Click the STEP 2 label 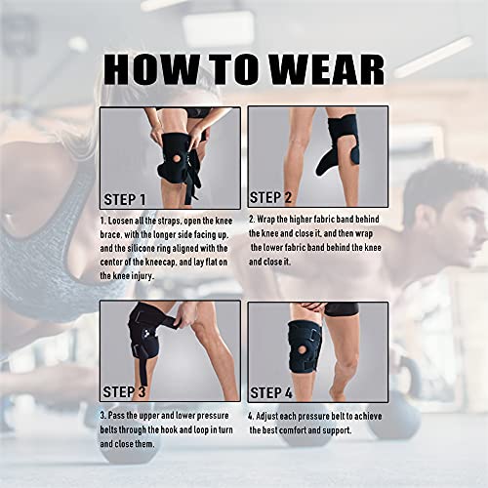pyautogui.click(x=276, y=197)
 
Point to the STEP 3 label pyautogui.click(x=125, y=391)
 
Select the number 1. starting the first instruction pyautogui.click(x=102, y=222)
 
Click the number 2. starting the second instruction pyautogui.click(x=251, y=222)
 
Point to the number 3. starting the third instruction pyautogui.click(x=102, y=416)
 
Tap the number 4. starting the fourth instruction pyautogui.click(x=251, y=416)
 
